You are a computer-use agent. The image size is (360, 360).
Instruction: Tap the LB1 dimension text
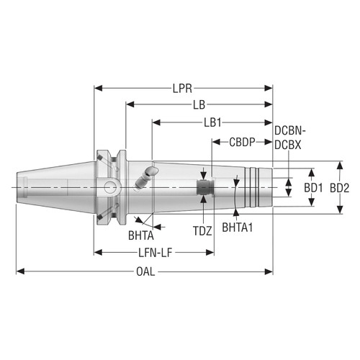coord(212,122)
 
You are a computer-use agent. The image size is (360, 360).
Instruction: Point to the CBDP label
coord(241,142)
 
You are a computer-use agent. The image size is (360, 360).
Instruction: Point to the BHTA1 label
coord(238,227)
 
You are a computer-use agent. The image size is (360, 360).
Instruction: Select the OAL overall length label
coord(145,272)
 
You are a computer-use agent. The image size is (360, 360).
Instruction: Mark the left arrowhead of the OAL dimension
coord(20,272)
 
